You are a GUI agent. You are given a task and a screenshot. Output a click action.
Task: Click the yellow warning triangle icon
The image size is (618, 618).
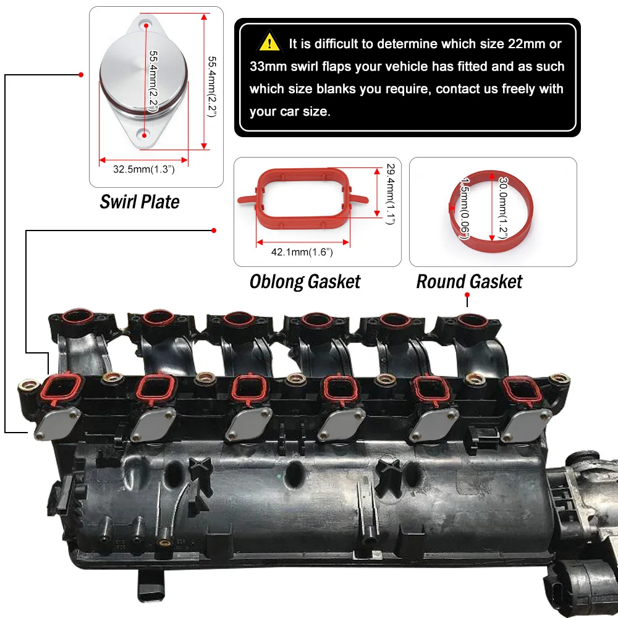coord(269,41)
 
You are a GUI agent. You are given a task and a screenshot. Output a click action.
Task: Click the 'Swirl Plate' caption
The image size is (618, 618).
coord(140,202)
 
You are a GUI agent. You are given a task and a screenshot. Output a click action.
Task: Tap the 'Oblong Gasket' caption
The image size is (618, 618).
coord(305,282)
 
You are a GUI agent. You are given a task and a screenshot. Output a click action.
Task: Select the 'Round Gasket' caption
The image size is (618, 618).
coord(469,282)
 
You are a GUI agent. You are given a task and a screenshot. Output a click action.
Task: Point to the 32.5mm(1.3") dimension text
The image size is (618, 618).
coord(143,169)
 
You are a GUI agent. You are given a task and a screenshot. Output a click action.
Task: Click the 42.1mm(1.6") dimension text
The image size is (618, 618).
coord(302,252)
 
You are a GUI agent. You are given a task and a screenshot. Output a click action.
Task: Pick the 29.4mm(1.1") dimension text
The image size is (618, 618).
coord(391,194)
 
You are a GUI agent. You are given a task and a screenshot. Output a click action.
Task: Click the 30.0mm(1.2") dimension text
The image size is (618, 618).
coord(503,208)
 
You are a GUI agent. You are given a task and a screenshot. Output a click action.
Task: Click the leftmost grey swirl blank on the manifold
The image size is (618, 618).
coord(57,424)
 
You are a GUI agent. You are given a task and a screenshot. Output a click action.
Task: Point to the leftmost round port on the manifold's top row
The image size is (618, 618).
coord(78,316)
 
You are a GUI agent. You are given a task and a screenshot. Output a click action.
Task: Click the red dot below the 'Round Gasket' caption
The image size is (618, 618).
coord(467,295)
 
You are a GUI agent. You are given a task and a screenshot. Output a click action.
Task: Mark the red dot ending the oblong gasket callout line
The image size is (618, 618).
coord(214,230)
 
